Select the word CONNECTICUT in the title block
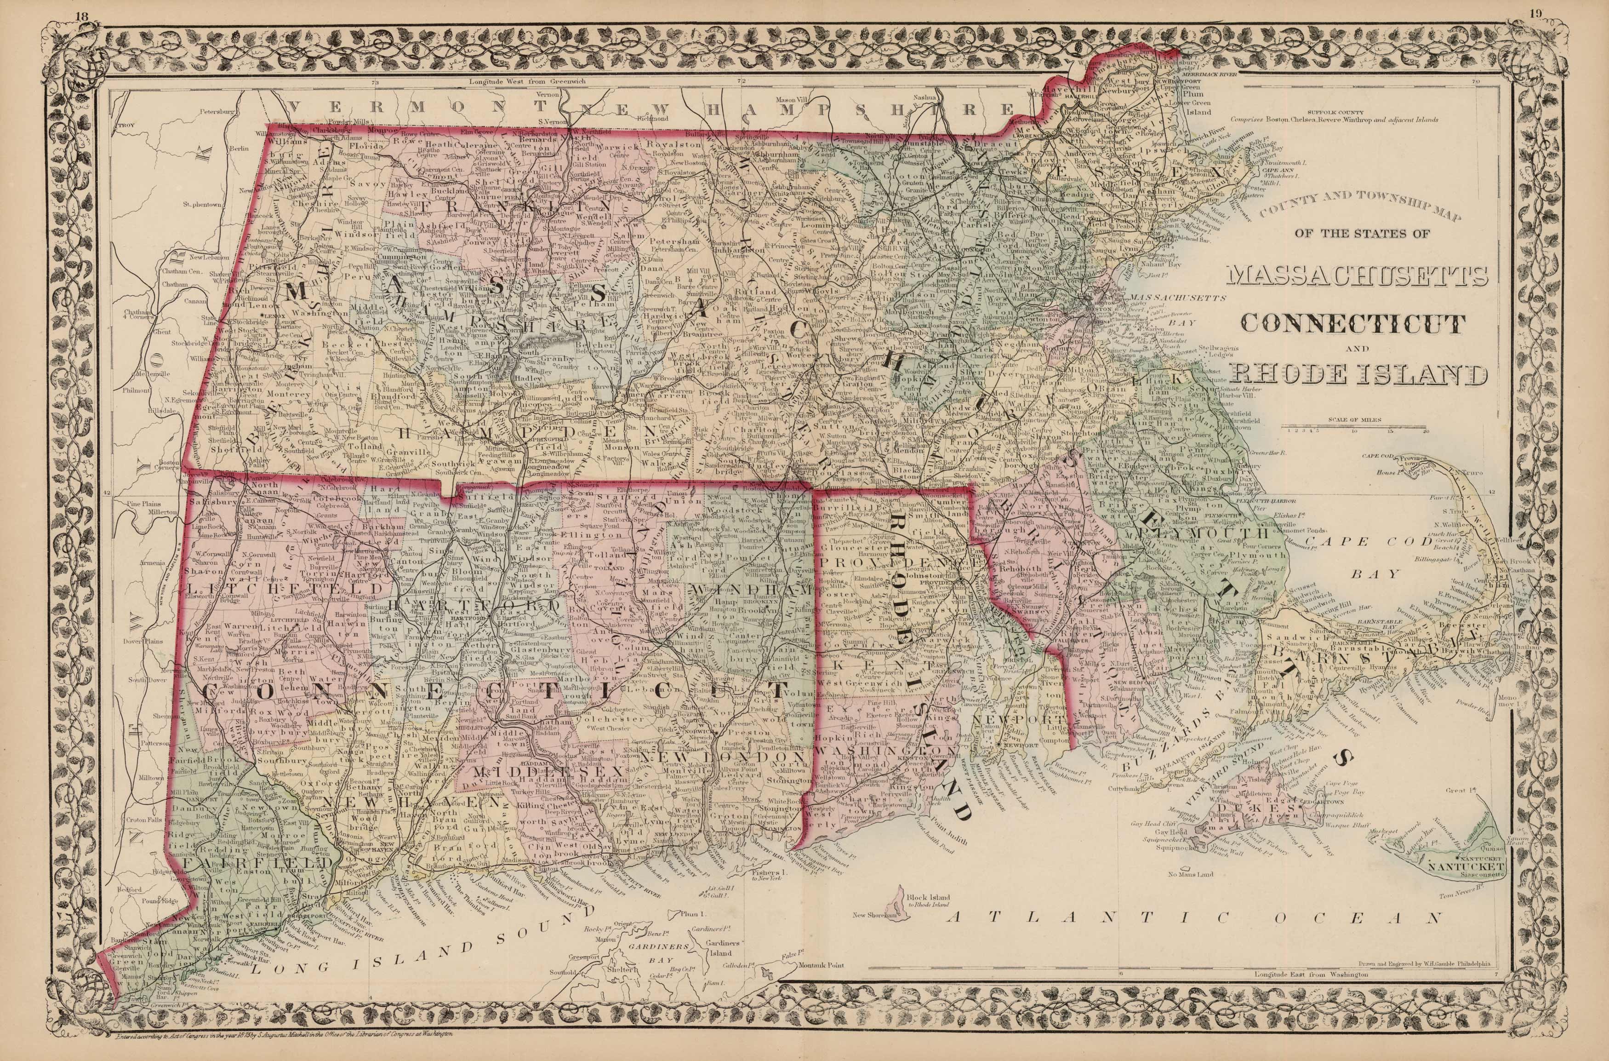[1349, 323]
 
